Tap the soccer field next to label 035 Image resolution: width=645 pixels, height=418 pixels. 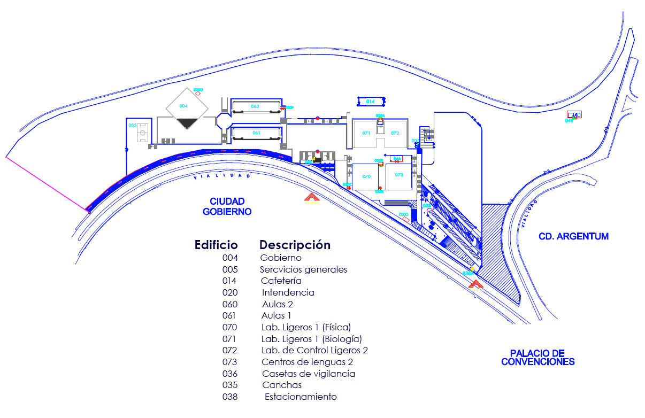[142, 132]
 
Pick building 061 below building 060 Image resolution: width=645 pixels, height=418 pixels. [256, 133]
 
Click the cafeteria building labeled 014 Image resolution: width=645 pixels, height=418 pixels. [371, 101]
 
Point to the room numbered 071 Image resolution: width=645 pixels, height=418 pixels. [366, 133]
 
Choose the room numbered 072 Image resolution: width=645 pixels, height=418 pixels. [395, 133]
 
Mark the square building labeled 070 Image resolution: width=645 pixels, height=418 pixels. [367, 176]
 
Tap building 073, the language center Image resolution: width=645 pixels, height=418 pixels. [399, 175]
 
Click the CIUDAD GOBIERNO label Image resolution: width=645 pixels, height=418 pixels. [227, 206]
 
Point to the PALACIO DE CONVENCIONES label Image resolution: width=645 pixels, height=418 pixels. [537, 358]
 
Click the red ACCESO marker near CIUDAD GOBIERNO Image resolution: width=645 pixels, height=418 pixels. [311, 198]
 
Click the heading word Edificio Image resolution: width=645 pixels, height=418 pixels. [216, 245]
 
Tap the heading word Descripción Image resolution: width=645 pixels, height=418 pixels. [295, 245]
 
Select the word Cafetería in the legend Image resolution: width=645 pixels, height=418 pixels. [281, 281]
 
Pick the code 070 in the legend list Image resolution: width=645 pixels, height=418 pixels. [229, 327]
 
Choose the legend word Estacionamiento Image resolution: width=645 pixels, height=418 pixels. [301, 397]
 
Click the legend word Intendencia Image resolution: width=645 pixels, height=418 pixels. [288, 292]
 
